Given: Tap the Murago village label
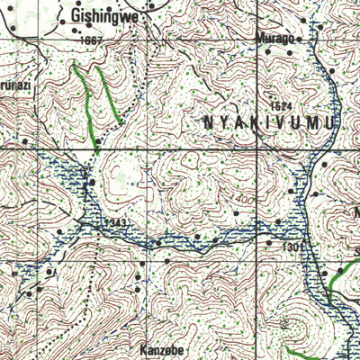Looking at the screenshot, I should point(274,39).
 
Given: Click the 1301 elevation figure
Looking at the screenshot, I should point(275,245).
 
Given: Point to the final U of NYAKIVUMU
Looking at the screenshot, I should point(332,122).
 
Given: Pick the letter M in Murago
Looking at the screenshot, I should point(259,39).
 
